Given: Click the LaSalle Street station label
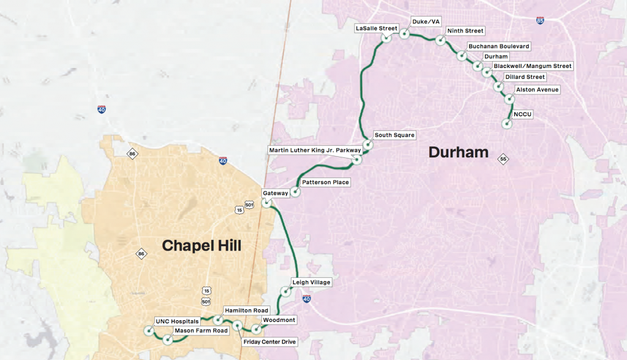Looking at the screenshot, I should coord(377,28).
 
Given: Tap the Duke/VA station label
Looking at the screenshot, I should coord(426,21).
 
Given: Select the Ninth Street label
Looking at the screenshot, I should coord(465,31).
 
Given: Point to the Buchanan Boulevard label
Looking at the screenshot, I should coord(498,46).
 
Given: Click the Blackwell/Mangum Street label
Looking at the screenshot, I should coord(532,66).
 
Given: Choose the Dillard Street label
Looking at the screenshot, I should coord(524,77).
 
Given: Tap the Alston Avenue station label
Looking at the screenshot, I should coord(537,90).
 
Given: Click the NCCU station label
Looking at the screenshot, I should coord(523,114).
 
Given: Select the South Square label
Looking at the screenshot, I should coord(394,135).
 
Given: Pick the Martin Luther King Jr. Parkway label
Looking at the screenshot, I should coord(315,151).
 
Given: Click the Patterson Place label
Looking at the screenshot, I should coord(326,182).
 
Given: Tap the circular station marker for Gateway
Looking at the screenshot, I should coord(267,203).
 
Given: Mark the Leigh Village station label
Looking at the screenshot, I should coord(310,282).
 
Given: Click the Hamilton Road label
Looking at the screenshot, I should coord(246,310).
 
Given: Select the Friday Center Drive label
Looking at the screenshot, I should coord(269,342).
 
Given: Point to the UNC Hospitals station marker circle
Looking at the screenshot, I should coord(148,331).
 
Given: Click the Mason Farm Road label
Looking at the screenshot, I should coord(201,331).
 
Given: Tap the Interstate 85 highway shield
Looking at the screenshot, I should coord(539,21).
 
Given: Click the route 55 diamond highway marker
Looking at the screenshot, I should coord(503,159).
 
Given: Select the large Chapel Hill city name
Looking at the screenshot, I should coord(201,246).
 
